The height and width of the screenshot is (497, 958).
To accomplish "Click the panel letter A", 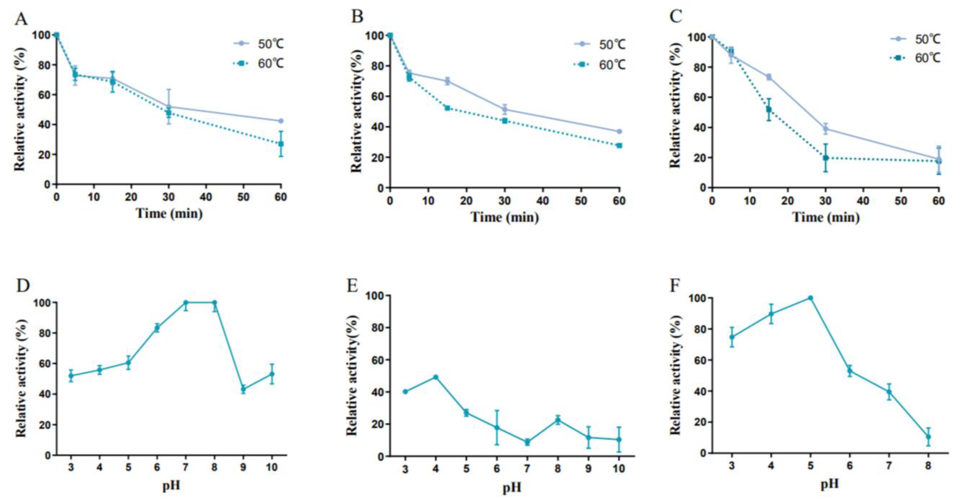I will [x=21, y=18].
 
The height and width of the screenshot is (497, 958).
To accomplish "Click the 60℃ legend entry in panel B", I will [x=603, y=65].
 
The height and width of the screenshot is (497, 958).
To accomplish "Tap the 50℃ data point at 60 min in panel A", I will [x=281, y=121].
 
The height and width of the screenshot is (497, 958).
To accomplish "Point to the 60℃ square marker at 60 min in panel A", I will [x=281, y=144].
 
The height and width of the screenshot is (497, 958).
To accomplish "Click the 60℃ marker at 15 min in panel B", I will [x=447, y=108].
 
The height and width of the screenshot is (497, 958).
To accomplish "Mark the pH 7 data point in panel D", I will [x=186, y=303].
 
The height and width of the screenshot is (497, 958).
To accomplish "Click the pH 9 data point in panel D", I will [x=243, y=389].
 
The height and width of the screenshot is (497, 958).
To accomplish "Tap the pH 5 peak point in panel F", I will [x=810, y=298].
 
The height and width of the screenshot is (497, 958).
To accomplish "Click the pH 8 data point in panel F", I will [x=928, y=437].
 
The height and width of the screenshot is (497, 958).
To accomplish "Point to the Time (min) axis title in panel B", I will [x=505, y=217].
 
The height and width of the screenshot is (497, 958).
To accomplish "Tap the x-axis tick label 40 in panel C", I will [x=863, y=201].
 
